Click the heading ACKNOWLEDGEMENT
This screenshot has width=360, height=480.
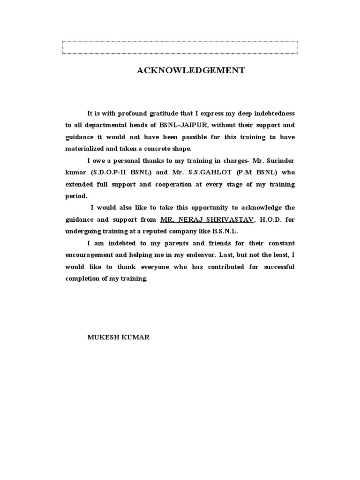pyautogui.click(x=190, y=71)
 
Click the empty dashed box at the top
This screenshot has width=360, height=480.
pyautogui.click(x=180, y=48)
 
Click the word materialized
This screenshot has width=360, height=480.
pyautogui.click(x=85, y=149)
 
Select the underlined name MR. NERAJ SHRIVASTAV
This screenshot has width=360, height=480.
pyautogui.click(x=207, y=219)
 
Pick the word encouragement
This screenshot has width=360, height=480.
pyautogui.click(x=89, y=255)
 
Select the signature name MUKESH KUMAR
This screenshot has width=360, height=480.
pyautogui.click(x=119, y=337)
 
